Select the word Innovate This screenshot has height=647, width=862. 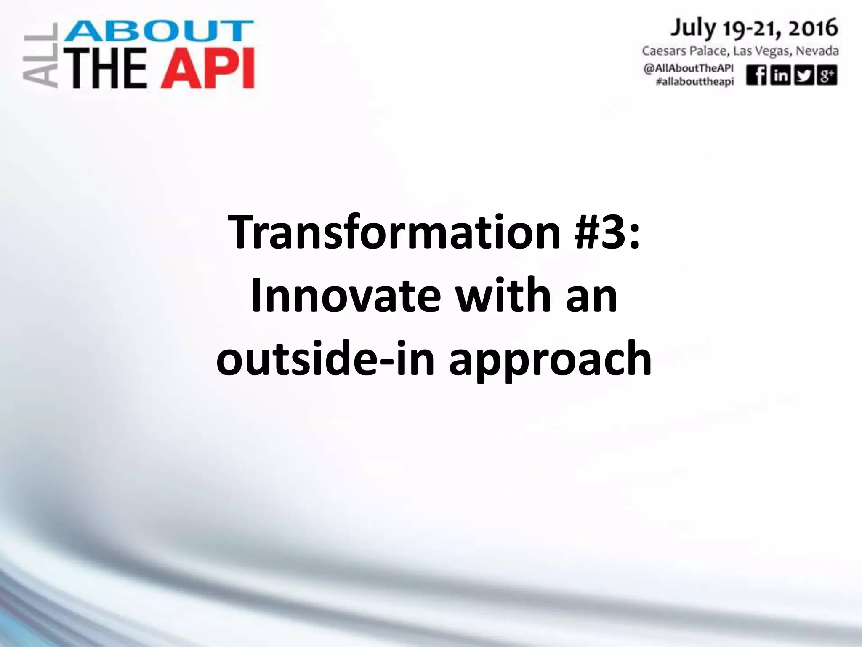[346, 295]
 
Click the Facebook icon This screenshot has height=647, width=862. [756, 76]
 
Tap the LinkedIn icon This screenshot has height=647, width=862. [780, 76]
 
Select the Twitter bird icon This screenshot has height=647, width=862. [803, 76]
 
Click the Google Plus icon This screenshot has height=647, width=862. [827, 76]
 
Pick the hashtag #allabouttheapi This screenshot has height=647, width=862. [694, 82]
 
